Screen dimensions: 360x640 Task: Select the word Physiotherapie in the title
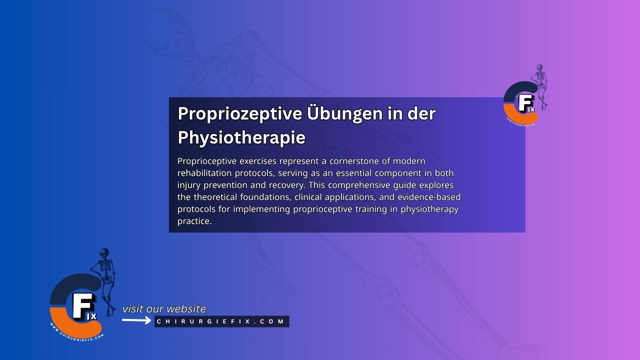[241, 137]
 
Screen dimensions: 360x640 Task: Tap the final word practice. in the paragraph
[194, 221]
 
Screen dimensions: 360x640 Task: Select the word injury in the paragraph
[188, 185]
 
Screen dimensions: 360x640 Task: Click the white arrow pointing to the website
[136, 320]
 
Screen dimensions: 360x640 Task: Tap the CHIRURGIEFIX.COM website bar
[221, 321]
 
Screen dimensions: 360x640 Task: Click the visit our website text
[164, 309]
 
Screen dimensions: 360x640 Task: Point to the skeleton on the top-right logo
[540, 82]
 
